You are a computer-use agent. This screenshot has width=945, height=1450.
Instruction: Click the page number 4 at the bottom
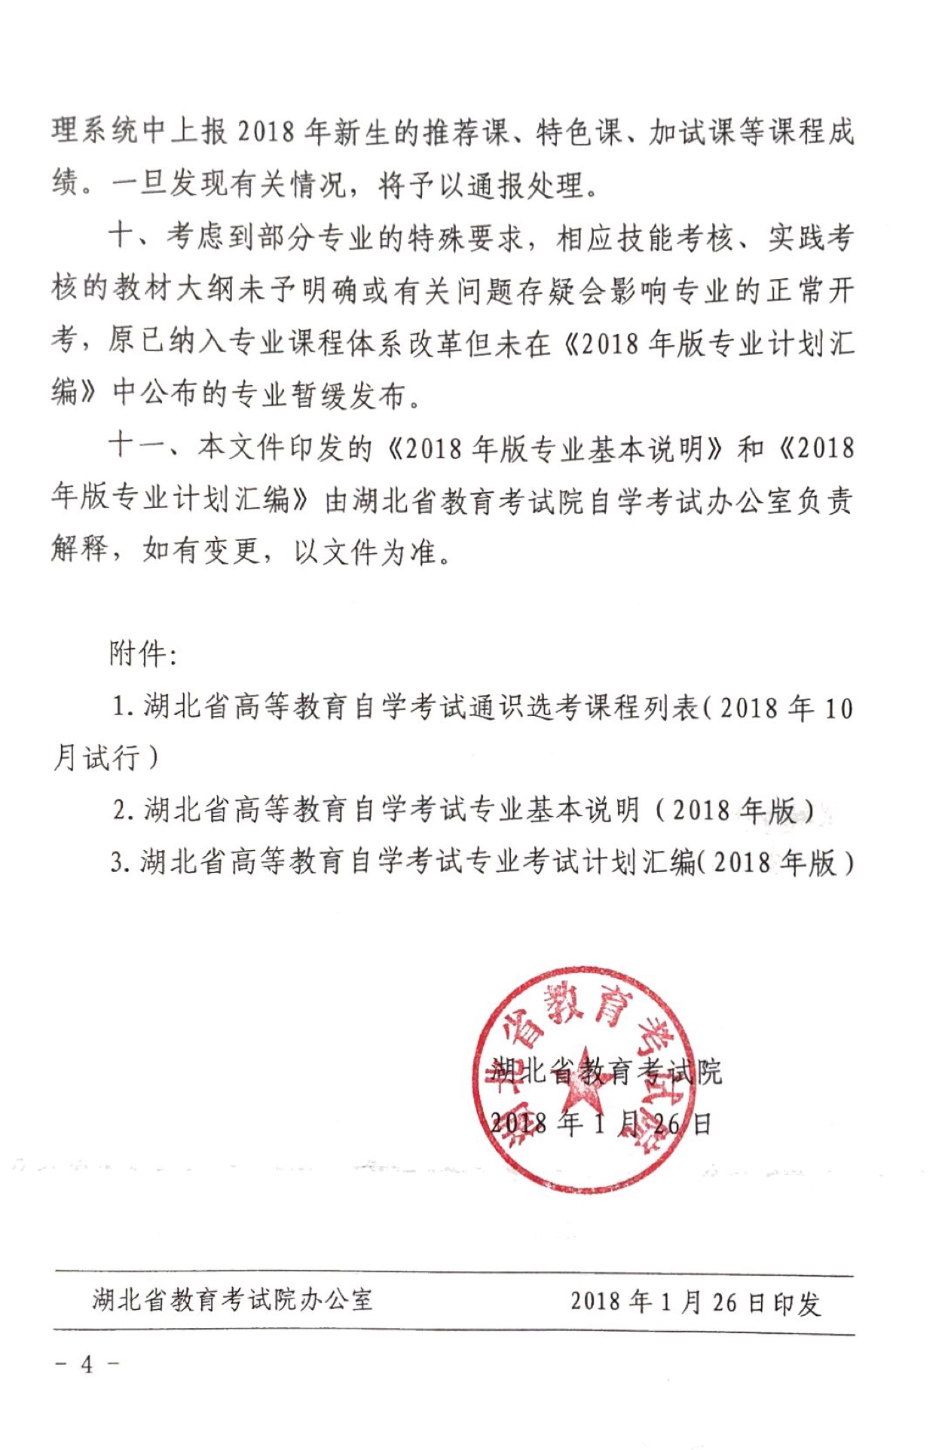coord(87,1363)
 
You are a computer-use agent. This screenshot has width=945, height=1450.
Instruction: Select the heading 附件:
coord(142,653)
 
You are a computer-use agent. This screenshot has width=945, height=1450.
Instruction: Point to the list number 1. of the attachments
coord(123,707)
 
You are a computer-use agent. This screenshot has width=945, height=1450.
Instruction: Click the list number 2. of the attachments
coord(124,810)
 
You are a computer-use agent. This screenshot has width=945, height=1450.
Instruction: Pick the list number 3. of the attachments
coord(121,861)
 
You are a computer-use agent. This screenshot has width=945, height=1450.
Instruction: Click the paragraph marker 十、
coord(131,237)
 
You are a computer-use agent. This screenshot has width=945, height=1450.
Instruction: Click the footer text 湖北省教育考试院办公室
coord(232,1299)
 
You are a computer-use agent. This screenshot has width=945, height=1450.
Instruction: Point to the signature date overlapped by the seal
coord(600,1124)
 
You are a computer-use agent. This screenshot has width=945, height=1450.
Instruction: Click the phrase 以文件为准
coord(365,552)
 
